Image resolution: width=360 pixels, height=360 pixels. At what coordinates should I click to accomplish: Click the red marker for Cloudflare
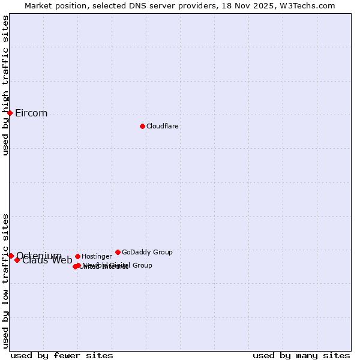[x=142, y=126]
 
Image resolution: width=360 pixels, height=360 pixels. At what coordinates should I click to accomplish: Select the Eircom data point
[x=10, y=113]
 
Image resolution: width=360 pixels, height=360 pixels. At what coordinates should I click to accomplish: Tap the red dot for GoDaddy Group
[x=118, y=252]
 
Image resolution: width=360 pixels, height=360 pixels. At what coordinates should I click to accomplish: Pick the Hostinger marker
[x=77, y=256]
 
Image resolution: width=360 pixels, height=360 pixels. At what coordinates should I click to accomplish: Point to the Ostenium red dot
[x=11, y=256]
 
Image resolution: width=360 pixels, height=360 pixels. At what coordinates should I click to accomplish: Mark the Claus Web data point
[x=17, y=260]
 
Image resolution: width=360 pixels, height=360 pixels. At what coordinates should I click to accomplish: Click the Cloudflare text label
[x=162, y=127]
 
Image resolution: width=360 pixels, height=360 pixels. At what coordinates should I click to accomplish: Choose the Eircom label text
[x=31, y=113]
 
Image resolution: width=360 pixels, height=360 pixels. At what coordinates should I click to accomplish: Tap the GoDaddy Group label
[x=147, y=253]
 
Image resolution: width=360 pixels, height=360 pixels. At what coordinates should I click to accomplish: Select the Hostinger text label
[x=97, y=257]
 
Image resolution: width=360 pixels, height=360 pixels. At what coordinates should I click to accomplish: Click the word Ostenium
[x=39, y=256]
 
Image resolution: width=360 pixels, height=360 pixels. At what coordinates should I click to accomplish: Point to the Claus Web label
[x=47, y=260]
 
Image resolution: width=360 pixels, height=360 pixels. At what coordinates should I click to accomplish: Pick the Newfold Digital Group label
[x=118, y=265]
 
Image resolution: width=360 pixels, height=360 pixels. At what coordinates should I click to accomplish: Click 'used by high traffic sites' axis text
[x=5, y=85]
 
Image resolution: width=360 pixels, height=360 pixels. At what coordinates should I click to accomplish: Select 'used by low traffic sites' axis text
[x=5, y=281]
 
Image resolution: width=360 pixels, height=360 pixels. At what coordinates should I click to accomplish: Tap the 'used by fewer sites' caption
[x=62, y=356]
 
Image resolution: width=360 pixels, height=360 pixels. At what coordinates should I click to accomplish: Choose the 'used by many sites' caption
[x=301, y=356]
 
